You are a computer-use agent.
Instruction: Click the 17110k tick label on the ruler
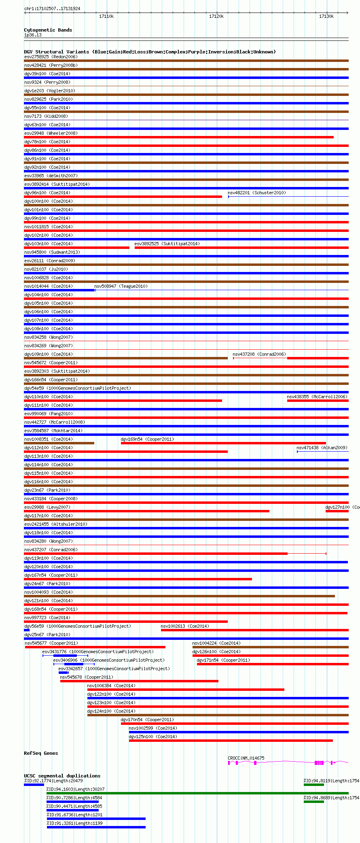tap(106, 16)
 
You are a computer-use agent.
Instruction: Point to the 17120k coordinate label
tap(216, 16)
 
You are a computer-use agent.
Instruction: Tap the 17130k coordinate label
tap(326, 16)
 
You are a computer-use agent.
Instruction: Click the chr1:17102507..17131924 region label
tap(52, 8)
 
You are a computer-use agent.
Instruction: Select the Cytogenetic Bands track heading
tap(48, 30)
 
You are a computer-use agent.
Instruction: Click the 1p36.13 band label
tap(33, 35)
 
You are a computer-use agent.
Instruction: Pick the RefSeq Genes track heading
tap(41, 753)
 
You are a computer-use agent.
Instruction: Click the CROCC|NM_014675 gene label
tap(246, 758)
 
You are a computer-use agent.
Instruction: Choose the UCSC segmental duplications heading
tap(62, 776)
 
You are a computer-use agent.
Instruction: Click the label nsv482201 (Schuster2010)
tap(256, 193)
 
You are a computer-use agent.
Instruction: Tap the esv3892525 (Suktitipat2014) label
tap(167, 244)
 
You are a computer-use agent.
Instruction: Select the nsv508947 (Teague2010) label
tap(121, 286)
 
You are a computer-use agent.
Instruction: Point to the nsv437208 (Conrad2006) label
tap(259, 354)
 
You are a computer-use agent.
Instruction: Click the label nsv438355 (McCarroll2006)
tap(317, 397)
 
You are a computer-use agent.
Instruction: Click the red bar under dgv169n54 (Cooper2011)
tap(223, 443)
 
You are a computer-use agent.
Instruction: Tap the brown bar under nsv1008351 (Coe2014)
tap(59, 443)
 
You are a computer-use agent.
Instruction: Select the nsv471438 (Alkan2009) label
tap(322, 448)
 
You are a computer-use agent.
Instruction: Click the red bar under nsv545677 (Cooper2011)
tap(95, 647)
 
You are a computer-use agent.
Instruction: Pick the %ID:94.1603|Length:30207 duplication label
tap(75, 789)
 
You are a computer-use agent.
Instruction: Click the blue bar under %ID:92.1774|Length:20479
tap(34, 785)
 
